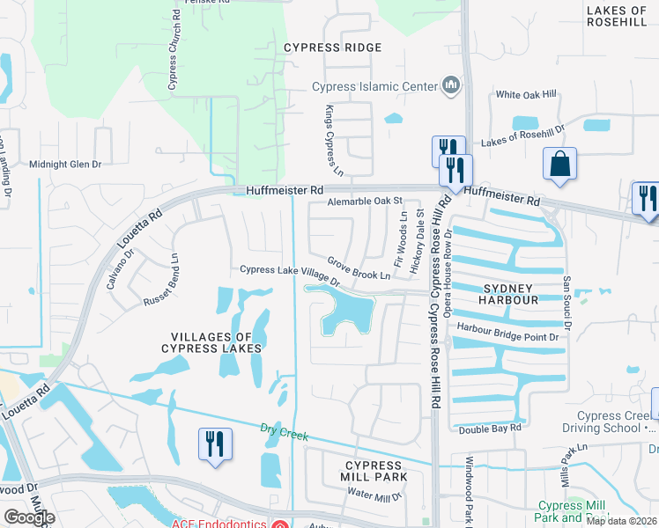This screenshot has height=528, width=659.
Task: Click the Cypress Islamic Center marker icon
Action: [451, 85]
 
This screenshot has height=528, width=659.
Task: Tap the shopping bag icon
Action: [559, 164]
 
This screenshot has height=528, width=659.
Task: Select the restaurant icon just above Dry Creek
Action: [215, 444]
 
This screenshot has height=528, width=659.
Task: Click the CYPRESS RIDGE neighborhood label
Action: [333, 48]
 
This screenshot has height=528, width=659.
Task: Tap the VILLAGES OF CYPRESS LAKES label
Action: [211, 342]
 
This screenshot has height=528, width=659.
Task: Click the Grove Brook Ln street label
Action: [359, 268]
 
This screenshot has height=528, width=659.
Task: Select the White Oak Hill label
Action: [526, 95]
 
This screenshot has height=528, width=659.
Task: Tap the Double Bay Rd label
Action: [490, 428]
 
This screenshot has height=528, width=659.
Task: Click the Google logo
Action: [29, 517]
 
